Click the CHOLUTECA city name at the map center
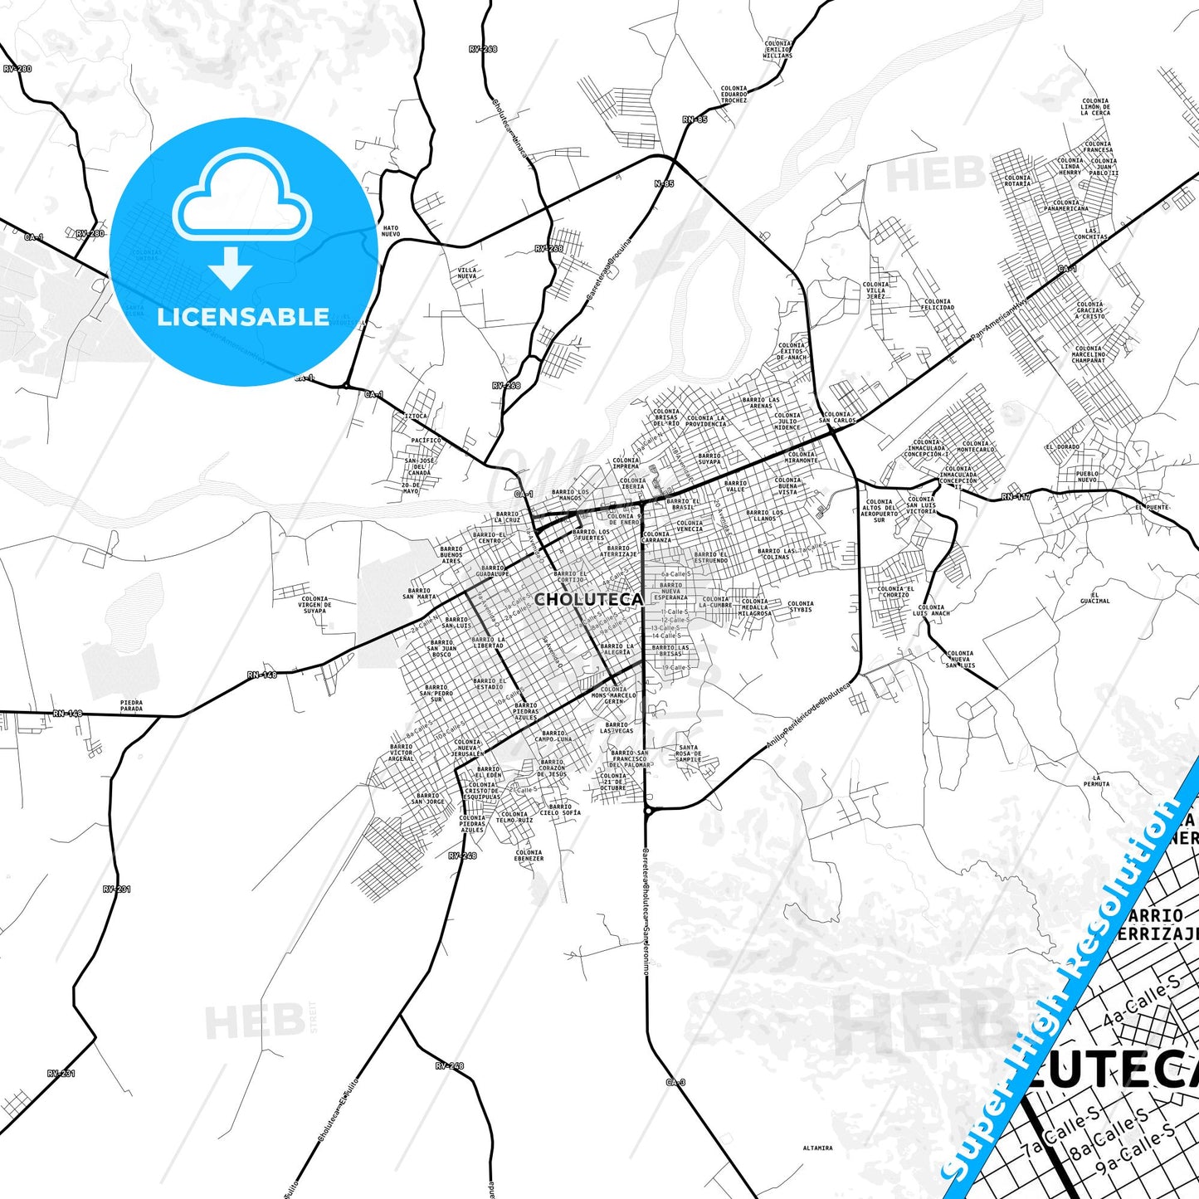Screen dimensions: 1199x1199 588,599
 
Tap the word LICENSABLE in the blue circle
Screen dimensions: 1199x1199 243,317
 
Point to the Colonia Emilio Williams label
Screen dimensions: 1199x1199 778,49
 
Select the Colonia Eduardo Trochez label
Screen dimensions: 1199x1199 734,95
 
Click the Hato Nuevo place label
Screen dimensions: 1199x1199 390,231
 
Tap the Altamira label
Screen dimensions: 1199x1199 817,1148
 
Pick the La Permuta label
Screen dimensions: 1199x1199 1096,781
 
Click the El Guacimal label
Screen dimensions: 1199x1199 1095,597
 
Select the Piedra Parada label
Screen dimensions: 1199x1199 131,706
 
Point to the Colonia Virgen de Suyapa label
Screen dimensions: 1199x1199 314,605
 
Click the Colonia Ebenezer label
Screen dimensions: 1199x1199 529,855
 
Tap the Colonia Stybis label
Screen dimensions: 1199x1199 801,607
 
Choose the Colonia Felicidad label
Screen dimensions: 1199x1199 938,305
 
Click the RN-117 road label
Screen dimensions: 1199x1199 1016,497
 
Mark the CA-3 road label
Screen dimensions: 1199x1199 675,1082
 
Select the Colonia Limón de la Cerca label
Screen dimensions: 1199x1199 1095,107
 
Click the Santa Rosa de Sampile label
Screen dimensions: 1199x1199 689,753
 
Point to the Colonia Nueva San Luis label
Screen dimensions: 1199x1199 960,659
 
